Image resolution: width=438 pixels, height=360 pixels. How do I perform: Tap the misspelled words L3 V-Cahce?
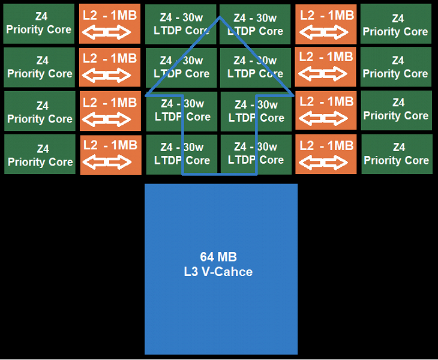[x=218, y=272]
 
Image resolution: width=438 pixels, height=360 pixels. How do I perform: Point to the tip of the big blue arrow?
[x=220, y=17]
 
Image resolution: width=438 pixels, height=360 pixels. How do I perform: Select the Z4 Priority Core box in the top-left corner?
[x=39, y=23]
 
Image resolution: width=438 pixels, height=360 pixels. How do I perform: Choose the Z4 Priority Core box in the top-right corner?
[x=395, y=25]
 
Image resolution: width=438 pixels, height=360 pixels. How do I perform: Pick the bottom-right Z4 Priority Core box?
[x=396, y=154]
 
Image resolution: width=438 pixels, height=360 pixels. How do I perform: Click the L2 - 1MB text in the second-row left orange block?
[x=110, y=59]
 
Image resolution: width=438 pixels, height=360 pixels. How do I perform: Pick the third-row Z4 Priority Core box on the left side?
[x=40, y=112]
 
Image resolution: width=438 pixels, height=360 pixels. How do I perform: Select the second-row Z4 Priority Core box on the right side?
[x=395, y=67]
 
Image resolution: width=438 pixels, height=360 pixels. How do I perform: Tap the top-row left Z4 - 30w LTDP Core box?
[x=181, y=24]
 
